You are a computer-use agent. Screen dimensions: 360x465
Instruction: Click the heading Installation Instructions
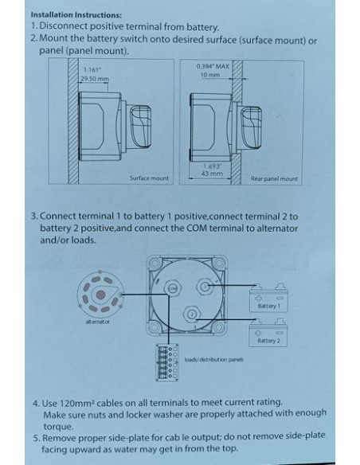tap(76, 14)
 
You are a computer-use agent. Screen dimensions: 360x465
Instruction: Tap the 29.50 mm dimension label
tap(95, 79)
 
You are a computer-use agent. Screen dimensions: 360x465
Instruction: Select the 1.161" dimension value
tap(92, 70)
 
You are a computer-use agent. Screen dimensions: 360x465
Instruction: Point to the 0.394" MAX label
tap(213, 66)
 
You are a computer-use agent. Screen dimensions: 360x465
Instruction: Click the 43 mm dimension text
tap(212, 174)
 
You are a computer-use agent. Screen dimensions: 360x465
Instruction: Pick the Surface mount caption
tap(149, 178)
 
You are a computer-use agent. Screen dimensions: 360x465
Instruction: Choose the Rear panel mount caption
tap(274, 179)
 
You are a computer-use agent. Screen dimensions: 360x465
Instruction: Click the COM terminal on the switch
tap(173, 287)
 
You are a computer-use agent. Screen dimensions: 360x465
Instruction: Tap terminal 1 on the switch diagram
tap(205, 286)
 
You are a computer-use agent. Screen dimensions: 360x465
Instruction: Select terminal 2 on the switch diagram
tap(192, 315)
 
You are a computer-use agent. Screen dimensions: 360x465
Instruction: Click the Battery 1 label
tap(269, 306)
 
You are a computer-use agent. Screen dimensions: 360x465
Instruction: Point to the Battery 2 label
tap(268, 341)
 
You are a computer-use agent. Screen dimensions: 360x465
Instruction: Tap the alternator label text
tap(97, 322)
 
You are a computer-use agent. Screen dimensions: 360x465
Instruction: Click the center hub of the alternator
tap(101, 295)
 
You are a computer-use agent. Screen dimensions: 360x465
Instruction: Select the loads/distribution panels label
tap(213, 360)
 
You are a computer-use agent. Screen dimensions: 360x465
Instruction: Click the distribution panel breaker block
tap(167, 362)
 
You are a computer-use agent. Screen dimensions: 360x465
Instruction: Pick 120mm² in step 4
tap(77, 403)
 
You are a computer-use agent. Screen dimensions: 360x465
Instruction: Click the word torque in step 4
tap(58, 427)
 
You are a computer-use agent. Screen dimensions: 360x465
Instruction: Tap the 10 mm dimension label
tap(210, 75)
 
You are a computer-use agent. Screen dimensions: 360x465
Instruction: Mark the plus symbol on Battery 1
tap(259, 298)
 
